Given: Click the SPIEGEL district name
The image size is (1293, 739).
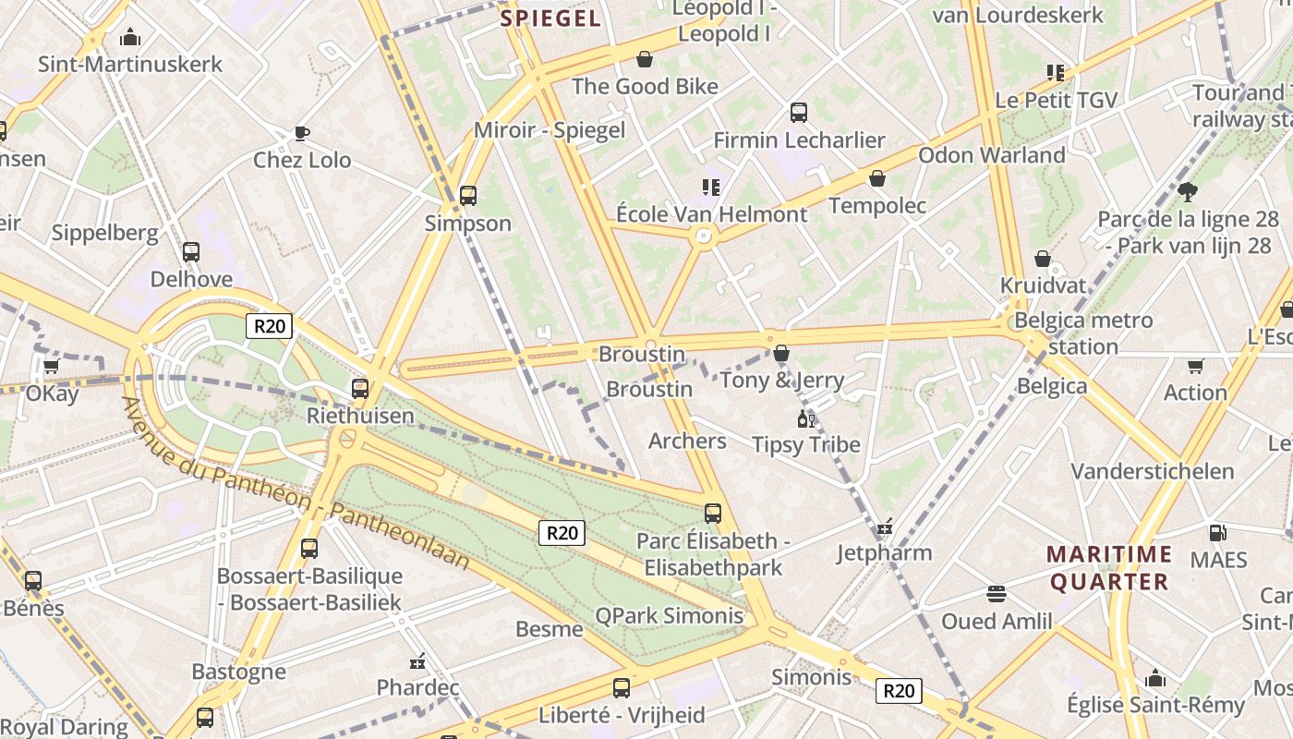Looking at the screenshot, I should pyautogui.click(x=550, y=18).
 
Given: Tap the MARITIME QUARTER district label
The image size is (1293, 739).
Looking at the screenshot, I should pyautogui.click(x=1109, y=568).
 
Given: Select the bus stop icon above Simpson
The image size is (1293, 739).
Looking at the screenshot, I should pyautogui.click(x=468, y=196).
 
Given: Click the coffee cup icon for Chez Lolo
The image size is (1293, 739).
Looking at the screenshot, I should pyautogui.click(x=301, y=133).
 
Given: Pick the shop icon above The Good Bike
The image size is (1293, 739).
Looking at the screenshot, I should pyautogui.click(x=645, y=60).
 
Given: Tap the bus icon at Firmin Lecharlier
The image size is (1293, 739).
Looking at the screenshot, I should pyautogui.click(x=799, y=113).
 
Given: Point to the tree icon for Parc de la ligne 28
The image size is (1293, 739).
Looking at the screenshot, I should pyautogui.click(x=1188, y=192).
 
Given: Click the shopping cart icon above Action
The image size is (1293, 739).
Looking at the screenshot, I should pyautogui.click(x=1196, y=366).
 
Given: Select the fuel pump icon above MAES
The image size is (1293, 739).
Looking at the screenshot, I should pyautogui.click(x=1218, y=533).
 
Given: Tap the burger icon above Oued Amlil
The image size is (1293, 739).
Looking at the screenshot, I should pyautogui.click(x=996, y=593).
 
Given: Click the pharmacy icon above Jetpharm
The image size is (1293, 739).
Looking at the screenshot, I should pyautogui.click(x=885, y=527).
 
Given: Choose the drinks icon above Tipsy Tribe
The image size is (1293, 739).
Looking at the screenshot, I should pyautogui.click(x=806, y=418).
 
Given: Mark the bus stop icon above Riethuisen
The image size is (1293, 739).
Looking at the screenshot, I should pyautogui.click(x=360, y=389).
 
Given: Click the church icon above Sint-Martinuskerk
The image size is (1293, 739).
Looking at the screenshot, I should pyautogui.click(x=130, y=38).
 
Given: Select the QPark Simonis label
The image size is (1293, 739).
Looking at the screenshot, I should pyautogui.click(x=669, y=616).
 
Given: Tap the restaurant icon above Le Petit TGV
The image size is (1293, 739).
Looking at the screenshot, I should pyautogui.click(x=1056, y=73).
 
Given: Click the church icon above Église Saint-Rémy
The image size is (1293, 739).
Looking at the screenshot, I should pyautogui.click(x=1155, y=679).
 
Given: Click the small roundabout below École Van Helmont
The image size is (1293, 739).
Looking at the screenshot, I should pyautogui.click(x=704, y=237).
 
